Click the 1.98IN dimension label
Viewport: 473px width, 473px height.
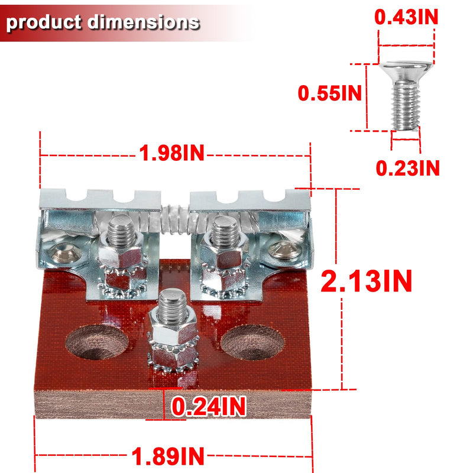(x=171, y=153)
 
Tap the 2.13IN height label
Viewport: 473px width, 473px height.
(x=366, y=281)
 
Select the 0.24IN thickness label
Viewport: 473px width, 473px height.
(x=209, y=407)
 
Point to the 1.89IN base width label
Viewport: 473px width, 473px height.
(x=168, y=456)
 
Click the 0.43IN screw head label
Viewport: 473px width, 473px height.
(x=406, y=17)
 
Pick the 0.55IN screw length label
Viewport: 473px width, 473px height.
(x=329, y=93)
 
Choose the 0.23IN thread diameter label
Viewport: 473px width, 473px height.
(x=407, y=168)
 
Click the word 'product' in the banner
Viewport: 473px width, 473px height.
(x=44, y=23)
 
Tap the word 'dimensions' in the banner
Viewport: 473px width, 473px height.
(x=144, y=22)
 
